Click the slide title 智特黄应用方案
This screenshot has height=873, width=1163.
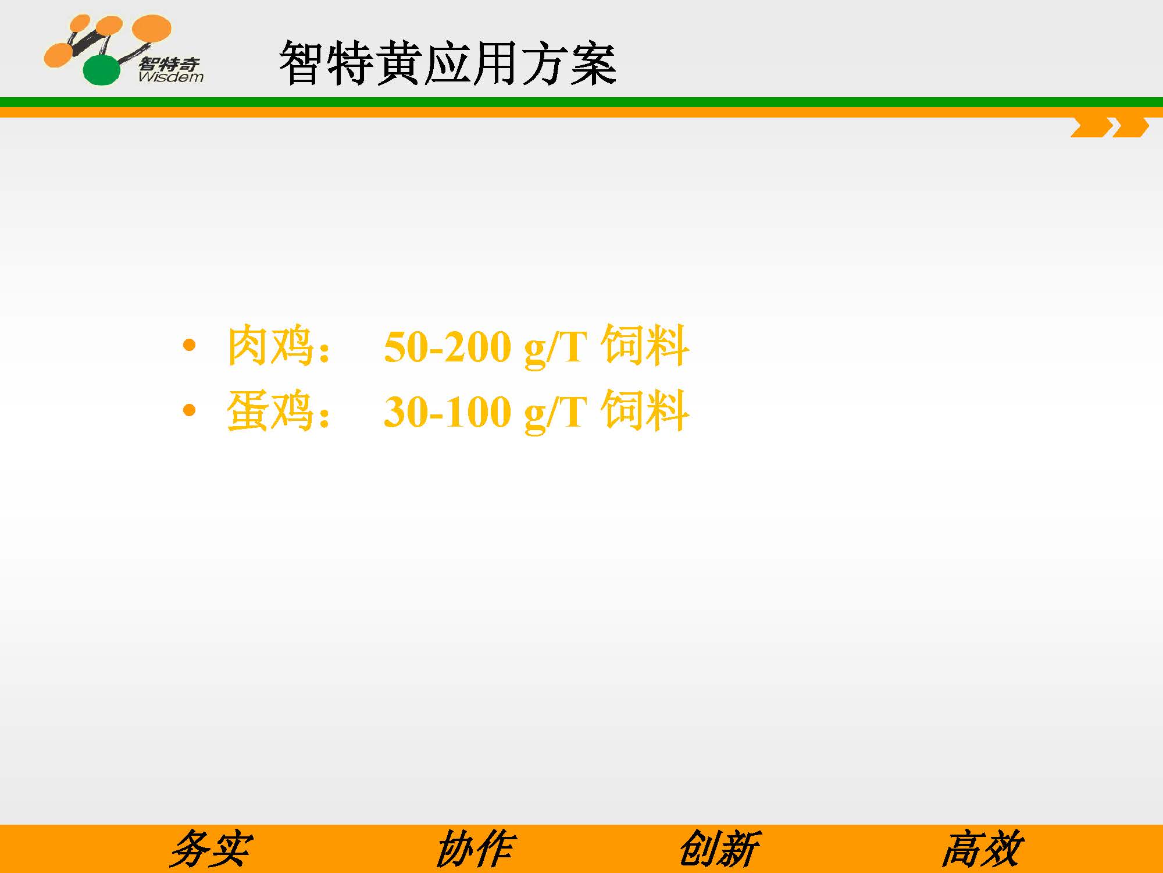pyautogui.click(x=447, y=63)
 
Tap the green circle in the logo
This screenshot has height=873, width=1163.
pyautogui.click(x=102, y=70)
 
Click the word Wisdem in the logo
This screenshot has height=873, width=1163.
pyautogui.click(x=171, y=77)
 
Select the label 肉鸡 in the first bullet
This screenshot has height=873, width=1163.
pyautogui.click(x=270, y=346)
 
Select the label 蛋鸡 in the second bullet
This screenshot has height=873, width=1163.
pyautogui.click(x=270, y=411)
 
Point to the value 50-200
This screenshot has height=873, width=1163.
pyautogui.click(x=447, y=347)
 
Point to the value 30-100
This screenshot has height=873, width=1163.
pyautogui.click(x=447, y=412)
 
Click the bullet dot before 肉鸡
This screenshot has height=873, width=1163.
pyautogui.click(x=189, y=346)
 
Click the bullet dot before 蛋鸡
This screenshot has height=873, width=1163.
pyautogui.click(x=189, y=411)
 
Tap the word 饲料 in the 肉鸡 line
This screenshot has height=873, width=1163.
pyautogui.click(x=645, y=346)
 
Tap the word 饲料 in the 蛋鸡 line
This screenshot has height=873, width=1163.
pyautogui.click(x=645, y=411)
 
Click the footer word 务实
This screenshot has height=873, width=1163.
pyautogui.click(x=211, y=849)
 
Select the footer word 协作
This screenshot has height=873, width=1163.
pyautogui.click(x=475, y=849)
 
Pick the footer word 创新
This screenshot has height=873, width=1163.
pyautogui.click(x=719, y=849)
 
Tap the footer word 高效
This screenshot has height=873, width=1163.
pyautogui.click(x=982, y=849)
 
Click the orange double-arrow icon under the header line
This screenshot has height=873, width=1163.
pyautogui.click(x=1110, y=127)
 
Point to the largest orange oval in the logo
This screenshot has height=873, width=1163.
pyautogui.click(x=152, y=29)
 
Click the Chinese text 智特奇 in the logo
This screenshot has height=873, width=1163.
pyautogui.click(x=169, y=63)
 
